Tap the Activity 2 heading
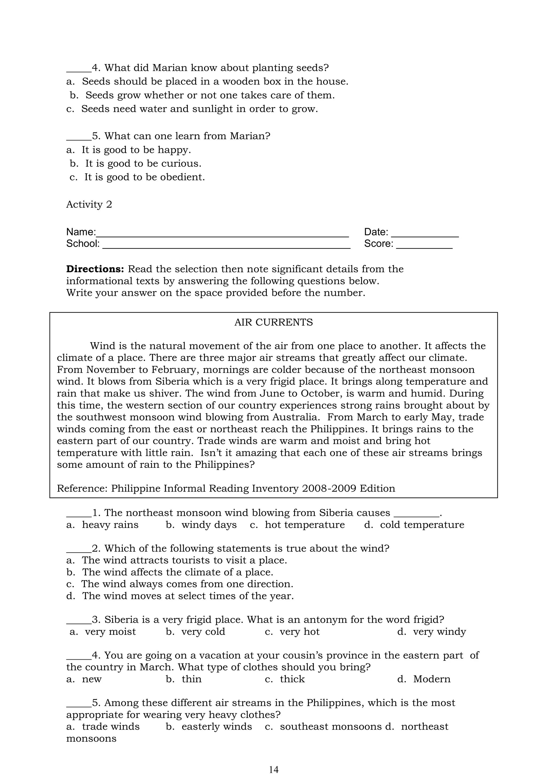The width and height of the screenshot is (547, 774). coord(89,204)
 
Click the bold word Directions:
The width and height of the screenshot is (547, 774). coord(95,269)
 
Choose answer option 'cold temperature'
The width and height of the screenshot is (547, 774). coord(422,525)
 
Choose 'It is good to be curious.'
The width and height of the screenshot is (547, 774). coord(143,164)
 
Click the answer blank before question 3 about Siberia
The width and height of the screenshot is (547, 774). coord(79,620)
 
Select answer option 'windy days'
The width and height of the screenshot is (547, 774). coord(209,525)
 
